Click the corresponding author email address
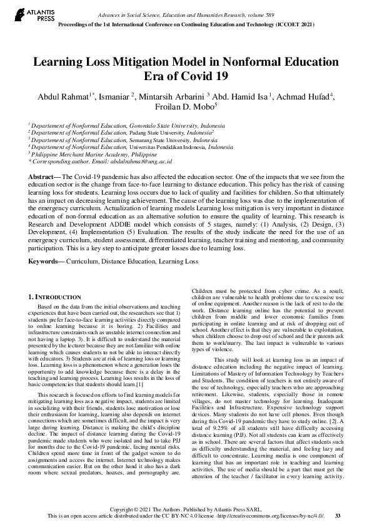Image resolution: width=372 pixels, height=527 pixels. point(136,161)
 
